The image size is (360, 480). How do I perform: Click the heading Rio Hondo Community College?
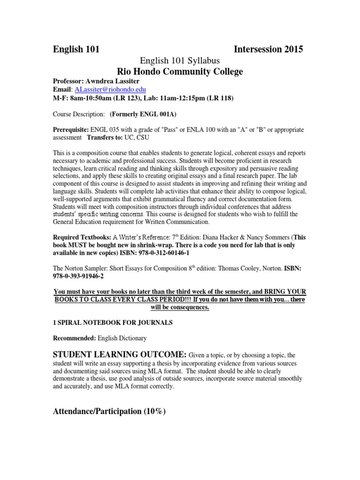tap(180, 71)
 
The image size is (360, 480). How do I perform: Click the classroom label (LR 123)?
tap(136, 98)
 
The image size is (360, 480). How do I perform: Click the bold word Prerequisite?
tap(73, 129)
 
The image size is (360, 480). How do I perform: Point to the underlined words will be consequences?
tap(180, 307)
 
